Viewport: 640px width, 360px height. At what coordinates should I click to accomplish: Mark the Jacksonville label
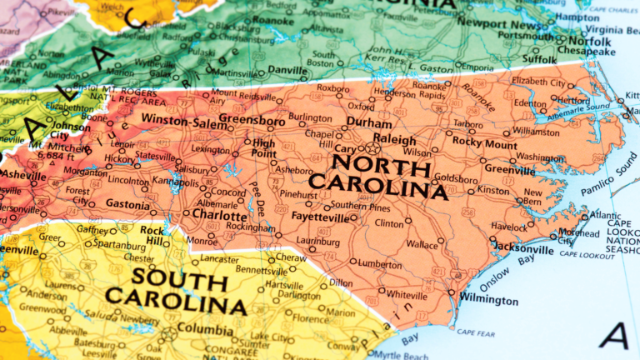524,248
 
